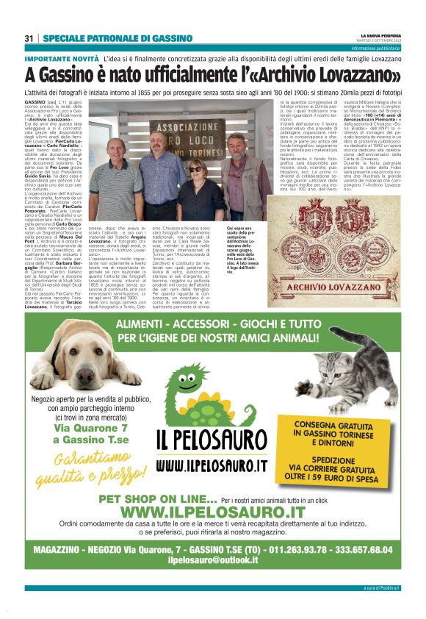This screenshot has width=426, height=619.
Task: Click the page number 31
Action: pos(29,38)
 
